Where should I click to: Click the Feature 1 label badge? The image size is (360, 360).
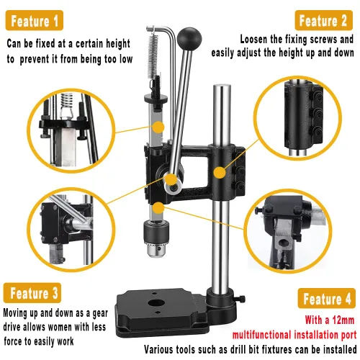pos(35,20)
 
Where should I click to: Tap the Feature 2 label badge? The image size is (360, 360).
pos(323,20)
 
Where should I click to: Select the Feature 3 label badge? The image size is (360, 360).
pos(32,293)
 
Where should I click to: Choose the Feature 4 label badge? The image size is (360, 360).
pos(327,298)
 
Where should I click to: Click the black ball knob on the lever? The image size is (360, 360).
pos(189,39)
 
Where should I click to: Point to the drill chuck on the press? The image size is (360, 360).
pos(156,239)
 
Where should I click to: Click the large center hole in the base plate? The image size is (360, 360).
pos(156,303)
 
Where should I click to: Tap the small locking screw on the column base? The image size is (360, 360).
pos(240,299)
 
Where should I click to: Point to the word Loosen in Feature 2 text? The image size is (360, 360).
pos(253,39)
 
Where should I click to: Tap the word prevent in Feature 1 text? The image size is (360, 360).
pos(35,59)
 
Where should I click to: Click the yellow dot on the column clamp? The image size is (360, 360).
pos(220,173)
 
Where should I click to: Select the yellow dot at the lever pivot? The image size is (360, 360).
pos(171,179)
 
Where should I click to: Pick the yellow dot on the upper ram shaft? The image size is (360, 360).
pos(158,127)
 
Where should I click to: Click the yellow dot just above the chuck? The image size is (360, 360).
pos(158,208)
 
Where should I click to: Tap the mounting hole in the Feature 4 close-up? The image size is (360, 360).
pos(284,243)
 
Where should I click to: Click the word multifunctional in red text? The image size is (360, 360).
pos(261,335)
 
